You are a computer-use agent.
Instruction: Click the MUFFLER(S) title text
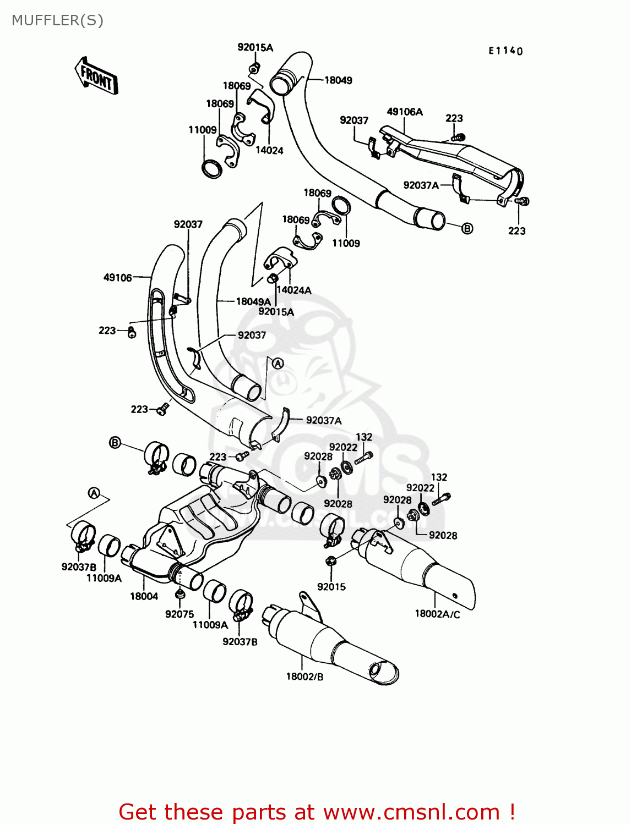point(57,20)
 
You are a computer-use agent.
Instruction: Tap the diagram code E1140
point(505,51)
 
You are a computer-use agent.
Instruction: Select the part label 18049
point(338,80)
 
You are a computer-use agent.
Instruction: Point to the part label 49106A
point(405,112)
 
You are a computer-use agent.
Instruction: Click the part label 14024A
point(293,290)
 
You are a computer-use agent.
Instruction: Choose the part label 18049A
point(253,301)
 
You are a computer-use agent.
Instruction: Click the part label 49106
point(118,278)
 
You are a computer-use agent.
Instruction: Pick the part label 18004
point(144,596)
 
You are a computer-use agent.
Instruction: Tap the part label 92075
point(179,614)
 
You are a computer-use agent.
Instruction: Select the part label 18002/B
point(304,676)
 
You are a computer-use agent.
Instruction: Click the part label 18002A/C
point(437,614)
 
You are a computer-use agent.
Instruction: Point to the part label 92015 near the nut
point(331,587)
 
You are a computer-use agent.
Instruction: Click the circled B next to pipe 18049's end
point(467,228)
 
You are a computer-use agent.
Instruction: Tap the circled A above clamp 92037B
point(94,493)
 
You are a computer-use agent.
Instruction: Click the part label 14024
point(269,150)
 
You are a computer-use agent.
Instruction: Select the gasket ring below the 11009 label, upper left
point(211,169)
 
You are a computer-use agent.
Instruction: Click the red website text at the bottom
point(317,812)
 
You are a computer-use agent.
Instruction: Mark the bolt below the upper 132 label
point(364,457)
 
